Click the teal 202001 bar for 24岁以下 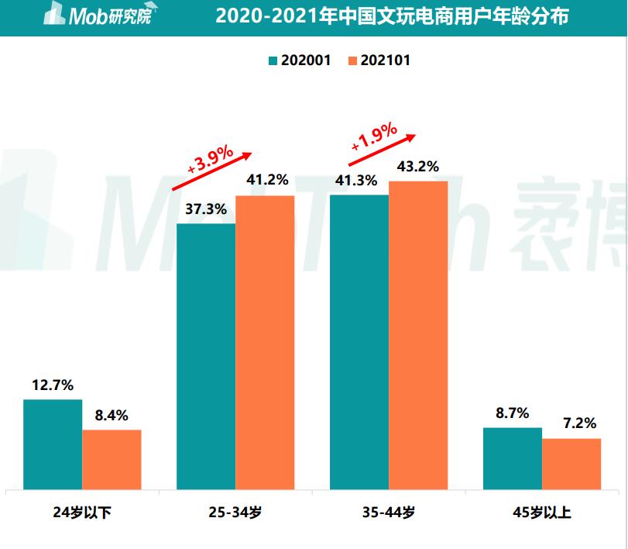pyautogui.click(x=53, y=444)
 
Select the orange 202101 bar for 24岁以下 pyautogui.click(x=112, y=460)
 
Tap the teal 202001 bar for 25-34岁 pyautogui.click(x=206, y=357)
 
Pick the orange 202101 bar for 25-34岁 pyautogui.click(x=265, y=343)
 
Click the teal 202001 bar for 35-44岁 pyautogui.click(x=359, y=342)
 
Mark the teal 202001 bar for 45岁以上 pyautogui.click(x=513, y=458)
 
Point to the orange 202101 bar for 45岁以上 pyautogui.click(x=571, y=464)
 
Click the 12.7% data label pyautogui.click(x=53, y=384)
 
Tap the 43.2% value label pyautogui.click(x=418, y=166)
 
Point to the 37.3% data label pyautogui.click(x=205, y=209)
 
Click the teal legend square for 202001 pyautogui.click(x=273, y=60)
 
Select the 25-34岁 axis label pyautogui.click(x=235, y=513)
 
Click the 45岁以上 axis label pyautogui.click(x=542, y=513)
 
